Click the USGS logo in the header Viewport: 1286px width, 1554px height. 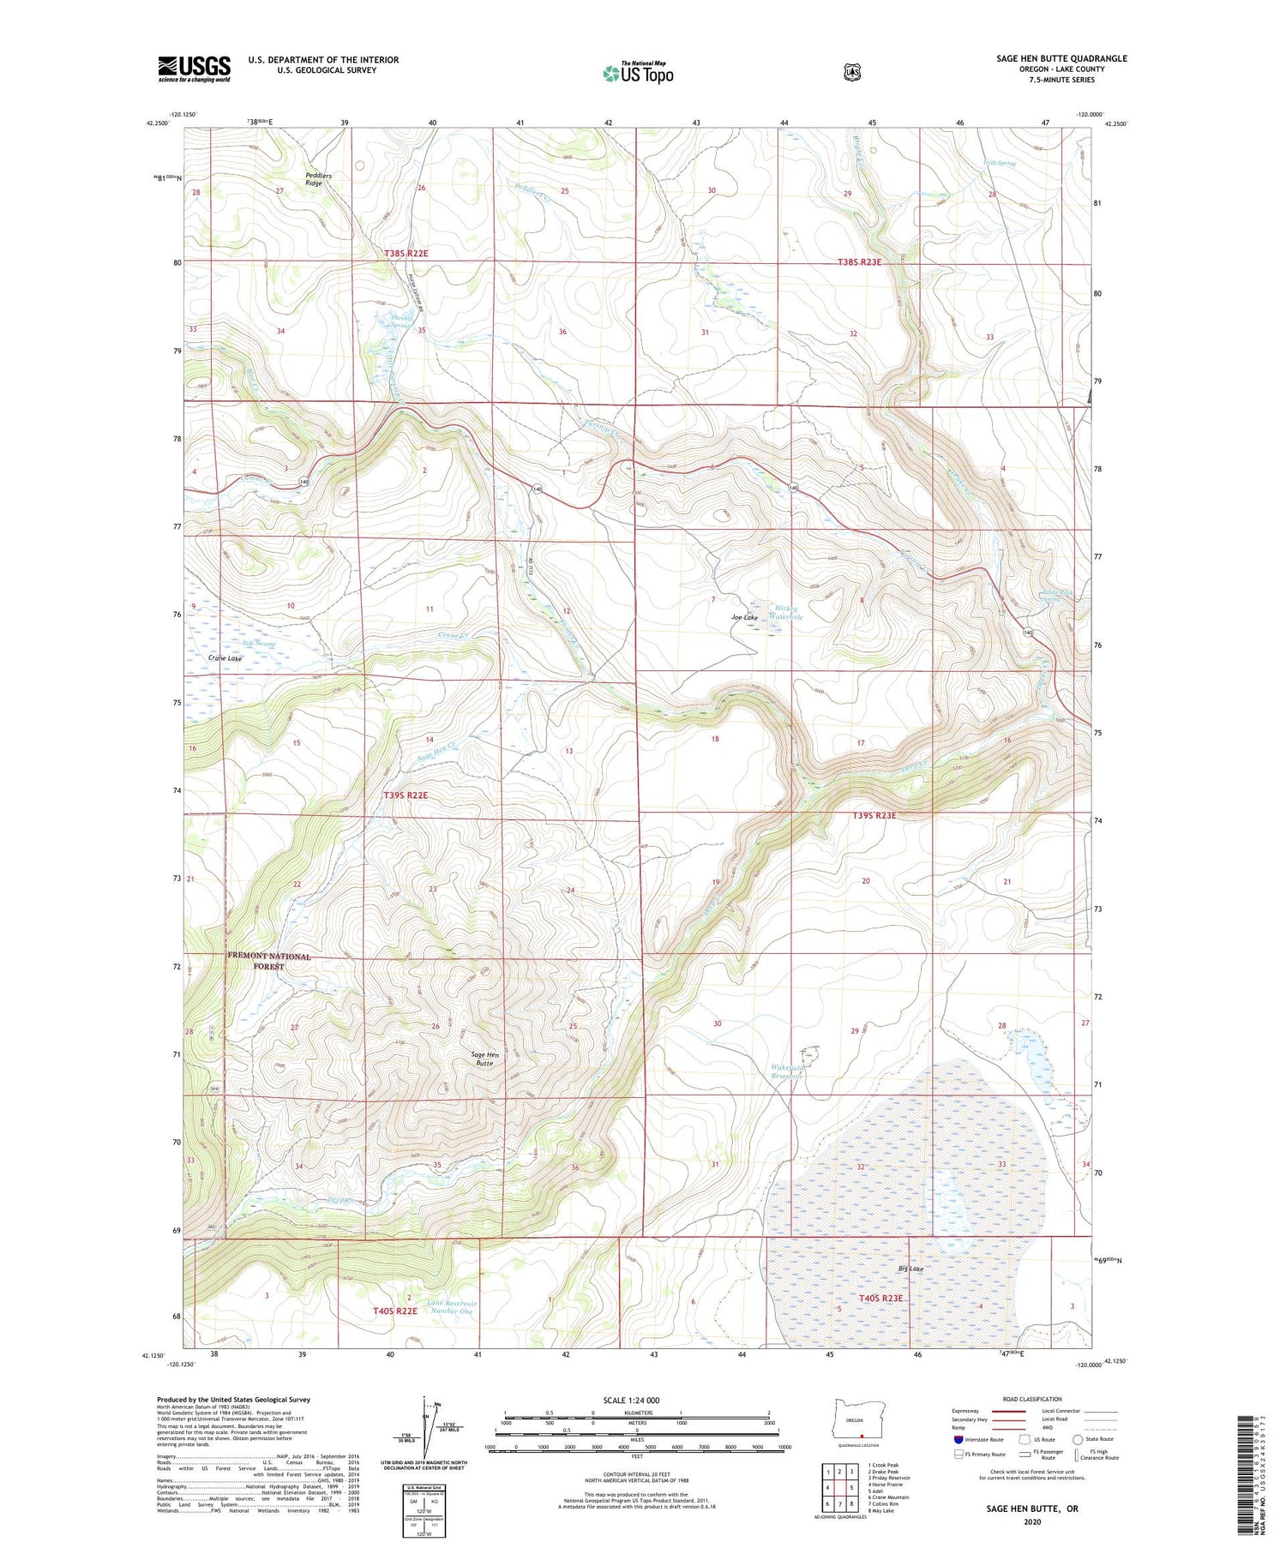pos(194,69)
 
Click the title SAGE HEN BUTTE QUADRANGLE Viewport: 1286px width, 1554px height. pos(1061,58)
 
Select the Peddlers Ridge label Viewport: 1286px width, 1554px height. pos(317,179)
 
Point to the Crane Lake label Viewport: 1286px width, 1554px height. pos(225,658)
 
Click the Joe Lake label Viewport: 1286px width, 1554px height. pos(744,617)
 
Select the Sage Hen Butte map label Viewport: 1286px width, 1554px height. pos(484,1059)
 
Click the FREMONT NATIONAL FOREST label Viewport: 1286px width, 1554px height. pos(268,961)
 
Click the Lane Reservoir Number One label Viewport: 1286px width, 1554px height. pos(451,1307)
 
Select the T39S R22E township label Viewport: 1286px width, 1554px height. pos(405,795)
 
